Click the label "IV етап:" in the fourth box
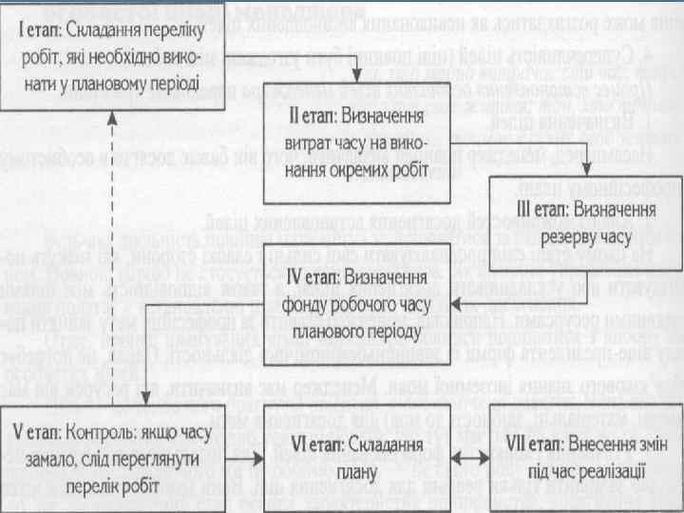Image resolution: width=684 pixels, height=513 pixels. tap(312, 277)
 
